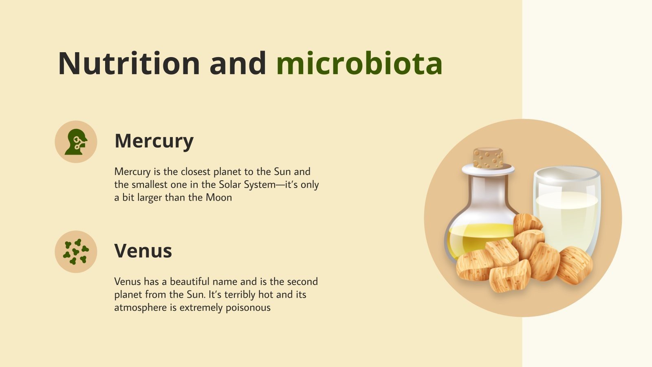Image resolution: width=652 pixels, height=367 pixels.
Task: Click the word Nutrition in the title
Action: coord(129,64)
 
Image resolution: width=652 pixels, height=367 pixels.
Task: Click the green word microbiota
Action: coord(359,64)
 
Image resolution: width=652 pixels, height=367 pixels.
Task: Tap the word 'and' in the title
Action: coord(238,64)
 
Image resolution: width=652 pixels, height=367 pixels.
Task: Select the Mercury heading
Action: coord(154,141)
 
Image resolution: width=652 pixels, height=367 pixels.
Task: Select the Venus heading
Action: coord(143,250)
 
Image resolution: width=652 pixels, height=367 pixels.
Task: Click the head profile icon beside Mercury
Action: coord(76,142)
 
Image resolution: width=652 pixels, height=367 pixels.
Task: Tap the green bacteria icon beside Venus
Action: coord(76,252)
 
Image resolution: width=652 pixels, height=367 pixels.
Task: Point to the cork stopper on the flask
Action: coord(488,158)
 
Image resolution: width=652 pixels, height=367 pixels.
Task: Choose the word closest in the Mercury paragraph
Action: coord(196,172)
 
